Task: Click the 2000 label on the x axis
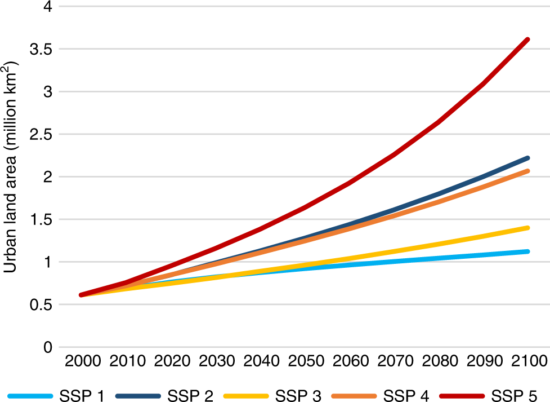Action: coord(82,361)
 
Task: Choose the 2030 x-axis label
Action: coord(215,361)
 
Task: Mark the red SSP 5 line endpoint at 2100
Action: coord(527,39)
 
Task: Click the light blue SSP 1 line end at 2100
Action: coord(527,251)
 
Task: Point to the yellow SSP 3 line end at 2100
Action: coord(527,228)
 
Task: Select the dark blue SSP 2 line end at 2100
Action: coord(527,158)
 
